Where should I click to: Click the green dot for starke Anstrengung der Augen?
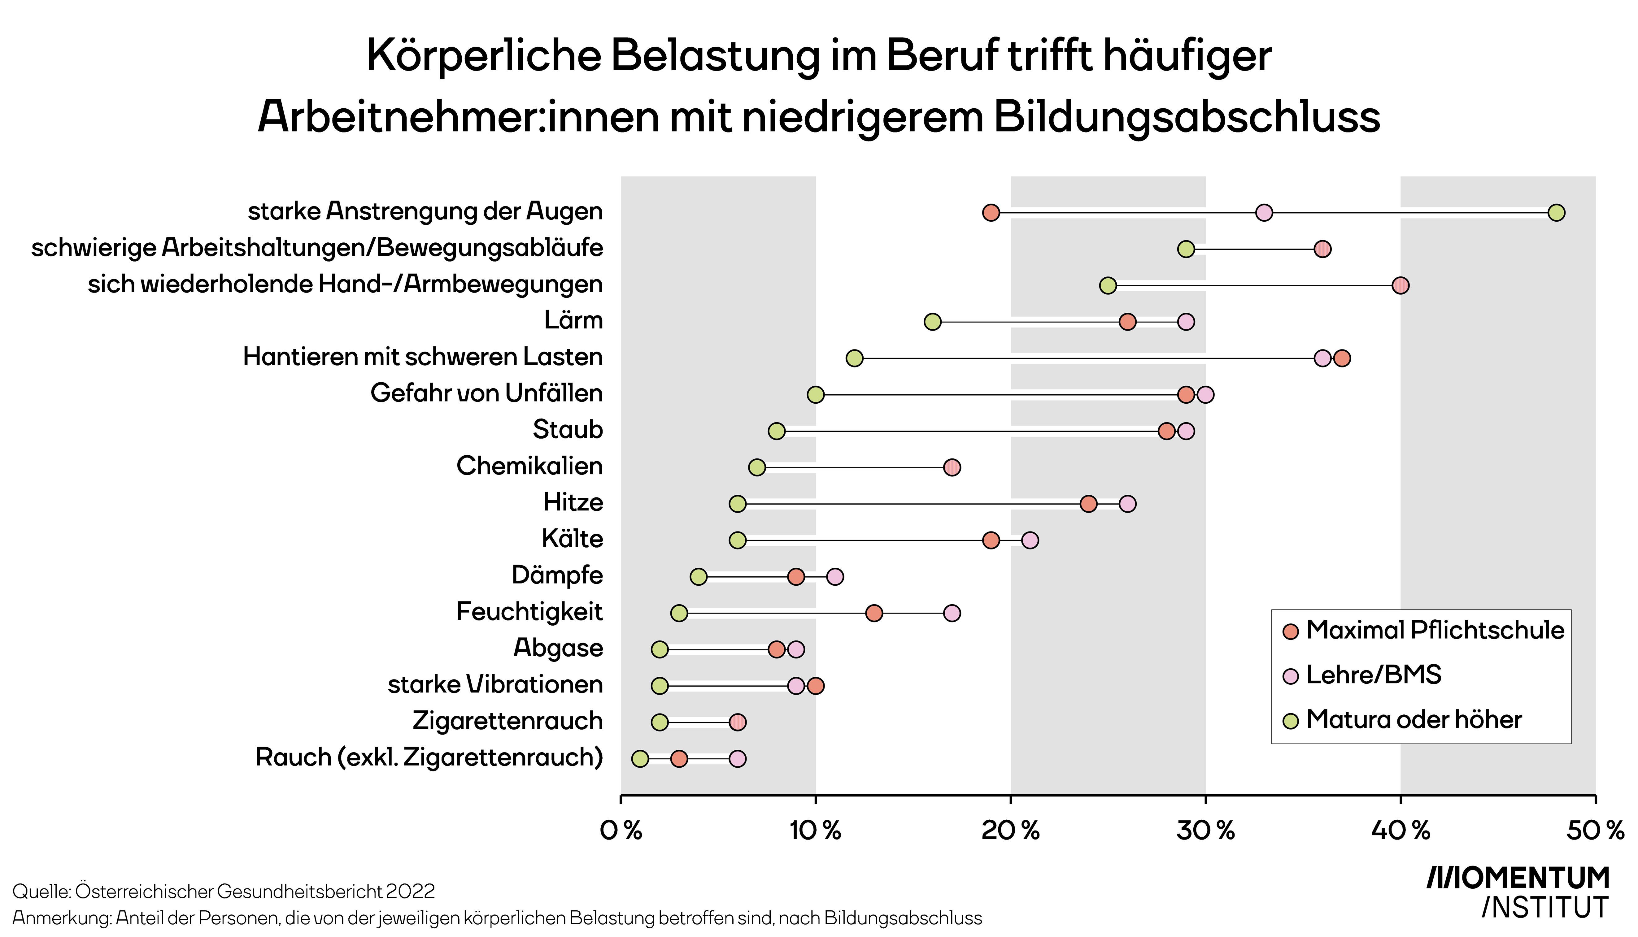(x=1556, y=212)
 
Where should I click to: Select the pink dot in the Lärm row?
(x=1186, y=322)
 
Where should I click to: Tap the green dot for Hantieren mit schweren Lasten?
(x=854, y=358)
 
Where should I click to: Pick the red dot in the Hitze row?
(x=1088, y=504)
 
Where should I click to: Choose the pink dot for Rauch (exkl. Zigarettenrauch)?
(x=738, y=759)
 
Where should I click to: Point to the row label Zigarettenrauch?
(x=508, y=721)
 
